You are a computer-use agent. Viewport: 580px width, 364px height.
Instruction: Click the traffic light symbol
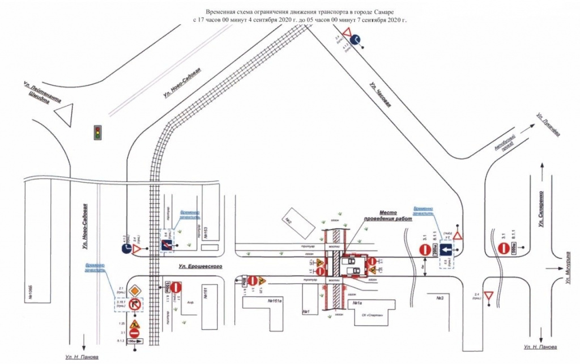click(98, 132)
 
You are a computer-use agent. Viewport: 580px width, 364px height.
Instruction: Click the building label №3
click(440, 298)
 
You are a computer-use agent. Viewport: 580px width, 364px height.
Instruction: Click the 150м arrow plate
click(133, 341)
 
